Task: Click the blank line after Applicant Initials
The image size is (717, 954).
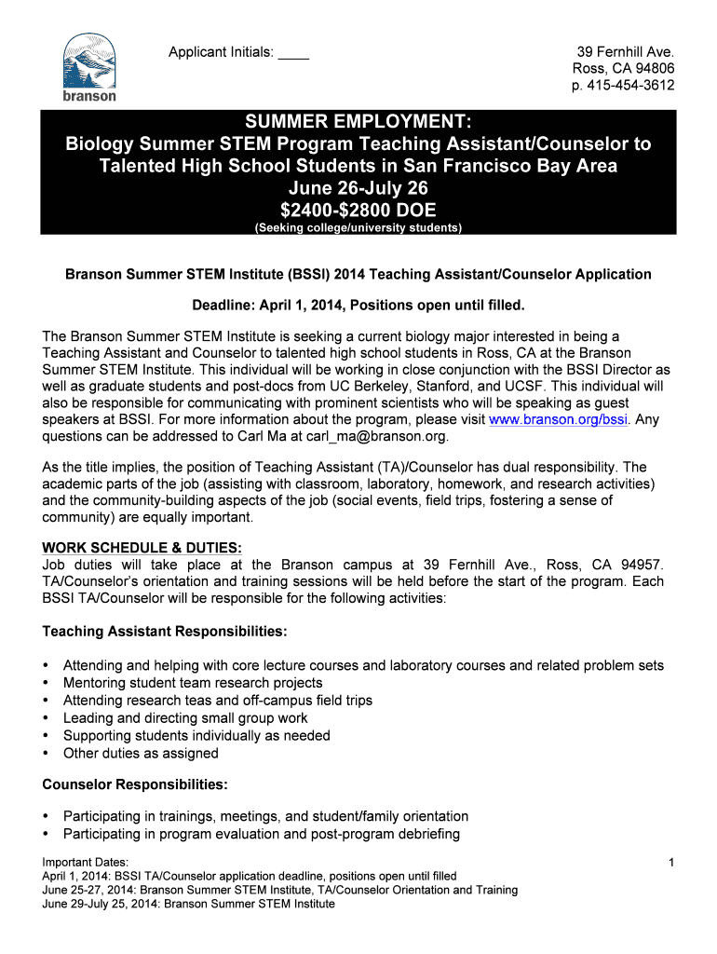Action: pos(293,54)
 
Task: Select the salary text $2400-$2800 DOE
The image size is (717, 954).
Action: pos(358,209)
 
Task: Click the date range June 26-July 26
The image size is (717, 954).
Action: pos(358,188)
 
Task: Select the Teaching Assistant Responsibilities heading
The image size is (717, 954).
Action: pos(165,632)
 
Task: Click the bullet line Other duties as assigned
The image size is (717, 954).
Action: pos(141,753)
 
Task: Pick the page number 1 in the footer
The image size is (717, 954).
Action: pos(670,864)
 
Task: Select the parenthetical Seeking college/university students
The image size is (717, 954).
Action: pos(358,227)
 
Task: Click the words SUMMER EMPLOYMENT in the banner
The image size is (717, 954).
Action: pos(358,122)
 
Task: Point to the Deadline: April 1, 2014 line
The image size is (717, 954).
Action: pos(358,305)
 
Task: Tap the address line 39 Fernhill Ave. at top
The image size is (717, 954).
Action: pos(625,52)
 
